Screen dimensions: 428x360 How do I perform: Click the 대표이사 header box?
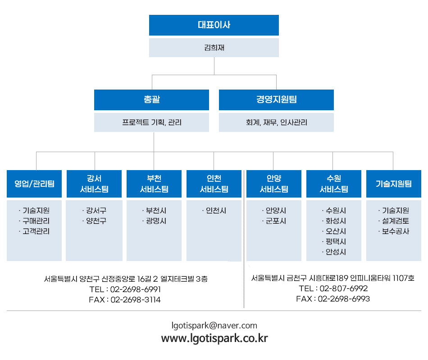pos(214,25)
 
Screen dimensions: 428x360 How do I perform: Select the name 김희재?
pos(214,48)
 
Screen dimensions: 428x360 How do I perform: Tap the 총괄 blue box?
pos(151,100)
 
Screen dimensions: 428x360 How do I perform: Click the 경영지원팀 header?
pos(276,100)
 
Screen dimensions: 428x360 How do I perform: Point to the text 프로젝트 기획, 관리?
pos(152,122)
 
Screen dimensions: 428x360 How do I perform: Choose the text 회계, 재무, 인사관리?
pos(276,122)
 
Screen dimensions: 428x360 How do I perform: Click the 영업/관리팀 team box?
pos(34,184)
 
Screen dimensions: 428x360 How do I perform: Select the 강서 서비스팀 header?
pos(94,184)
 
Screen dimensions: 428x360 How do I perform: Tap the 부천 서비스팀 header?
pos(154,184)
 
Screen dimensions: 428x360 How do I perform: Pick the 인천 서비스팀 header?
pos(214,184)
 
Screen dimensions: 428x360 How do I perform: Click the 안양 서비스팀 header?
pos(274,184)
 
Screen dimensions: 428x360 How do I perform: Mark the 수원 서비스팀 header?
pos(334,184)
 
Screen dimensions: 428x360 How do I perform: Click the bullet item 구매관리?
pos(36,221)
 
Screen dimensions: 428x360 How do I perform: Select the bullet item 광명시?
pos(156,221)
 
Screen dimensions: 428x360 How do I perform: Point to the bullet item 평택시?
pos(336,242)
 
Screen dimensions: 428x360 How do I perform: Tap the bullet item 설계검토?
pos(396,221)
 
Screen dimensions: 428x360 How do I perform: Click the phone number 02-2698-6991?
pos(136,289)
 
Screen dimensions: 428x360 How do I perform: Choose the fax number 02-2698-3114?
pos(136,300)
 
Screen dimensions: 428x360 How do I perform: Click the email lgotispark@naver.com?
pos(214,326)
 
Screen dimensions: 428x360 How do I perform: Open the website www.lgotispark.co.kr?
pos(214,338)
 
